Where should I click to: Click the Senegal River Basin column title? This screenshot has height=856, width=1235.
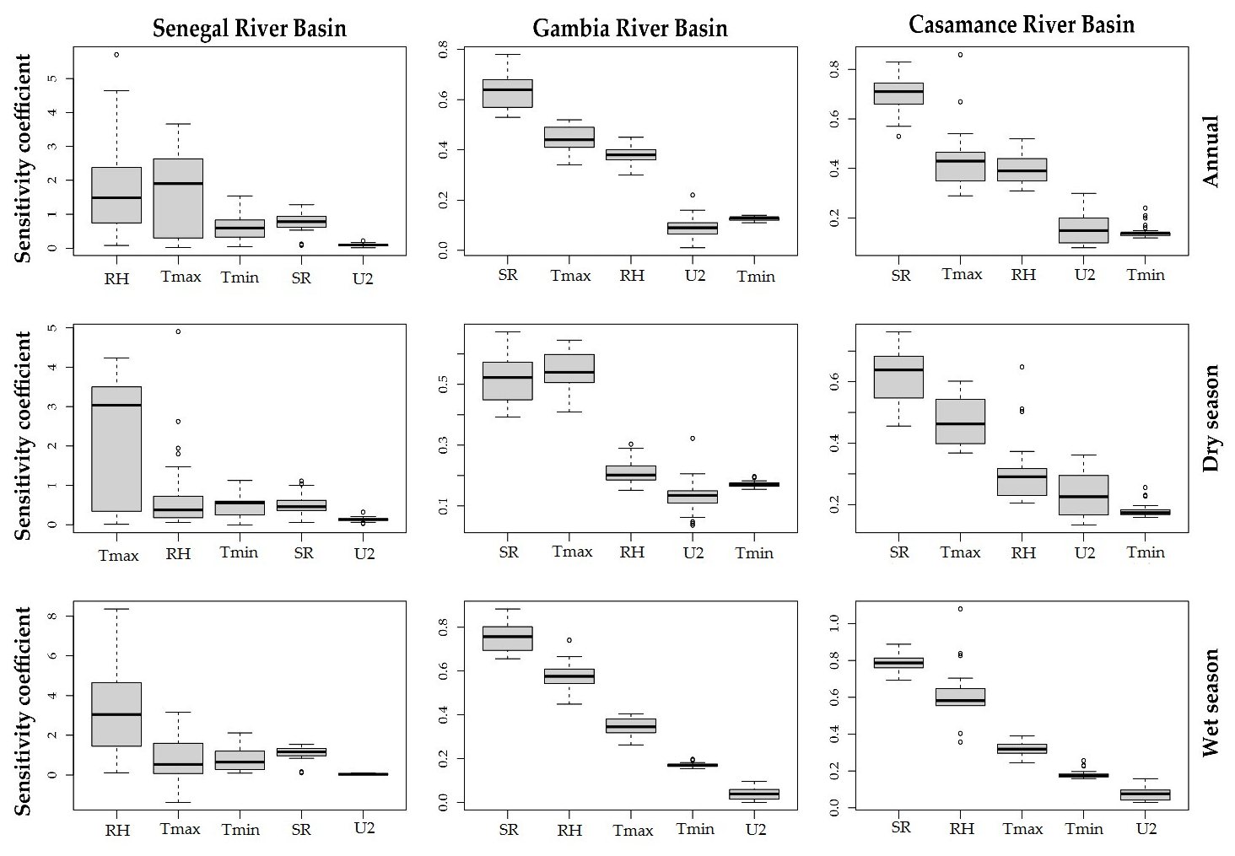249,29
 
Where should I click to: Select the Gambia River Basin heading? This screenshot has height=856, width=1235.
629,29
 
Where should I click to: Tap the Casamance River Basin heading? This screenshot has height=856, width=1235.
1021,25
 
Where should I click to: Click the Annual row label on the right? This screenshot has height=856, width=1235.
1211,152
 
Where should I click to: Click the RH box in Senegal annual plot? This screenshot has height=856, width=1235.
116,195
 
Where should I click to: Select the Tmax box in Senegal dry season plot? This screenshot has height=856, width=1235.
116,449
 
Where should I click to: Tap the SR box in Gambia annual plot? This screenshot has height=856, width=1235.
508,93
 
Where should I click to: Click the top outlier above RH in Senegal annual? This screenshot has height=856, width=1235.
116,55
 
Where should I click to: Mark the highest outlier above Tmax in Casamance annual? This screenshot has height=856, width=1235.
960,55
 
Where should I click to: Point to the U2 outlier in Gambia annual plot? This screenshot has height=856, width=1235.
693,195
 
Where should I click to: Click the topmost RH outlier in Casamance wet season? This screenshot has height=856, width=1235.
960,609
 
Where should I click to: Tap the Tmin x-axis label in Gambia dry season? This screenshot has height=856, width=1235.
754,553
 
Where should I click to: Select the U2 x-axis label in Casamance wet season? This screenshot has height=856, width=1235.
1146,829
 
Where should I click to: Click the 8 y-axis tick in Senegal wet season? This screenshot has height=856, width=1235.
53,616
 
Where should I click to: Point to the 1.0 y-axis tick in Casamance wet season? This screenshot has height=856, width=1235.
834,623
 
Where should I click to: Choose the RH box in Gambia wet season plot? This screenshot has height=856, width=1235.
569,676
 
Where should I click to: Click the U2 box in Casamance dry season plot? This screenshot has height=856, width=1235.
1083,495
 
